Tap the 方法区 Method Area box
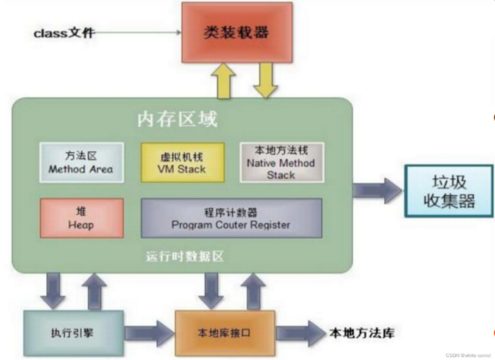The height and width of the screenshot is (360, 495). [x=81, y=162]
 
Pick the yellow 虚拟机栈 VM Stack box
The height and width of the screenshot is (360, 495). [x=182, y=162]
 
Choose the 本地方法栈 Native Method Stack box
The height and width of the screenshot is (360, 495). [x=281, y=162]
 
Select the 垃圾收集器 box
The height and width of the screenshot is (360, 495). [x=449, y=191]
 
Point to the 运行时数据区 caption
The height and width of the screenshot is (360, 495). [x=184, y=257]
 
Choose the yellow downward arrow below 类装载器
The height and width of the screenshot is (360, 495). [x=265, y=79]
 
